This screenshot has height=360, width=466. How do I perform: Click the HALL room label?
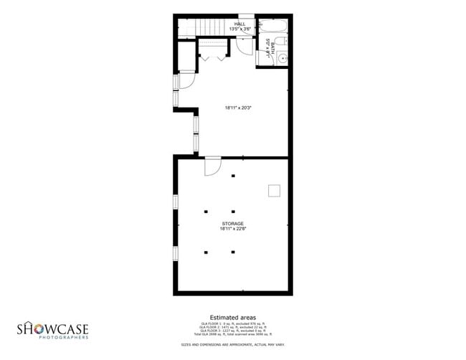click(x=239, y=24)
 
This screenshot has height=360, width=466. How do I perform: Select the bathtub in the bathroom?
click(x=273, y=25)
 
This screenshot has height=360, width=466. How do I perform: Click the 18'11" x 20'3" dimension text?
click(x=238, y=108)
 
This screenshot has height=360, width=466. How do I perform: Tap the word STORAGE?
click(x=233, y=224)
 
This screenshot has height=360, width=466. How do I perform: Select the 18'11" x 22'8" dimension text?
click(x=233, y=229)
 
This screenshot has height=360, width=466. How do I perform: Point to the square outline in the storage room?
click(x=274, y=190)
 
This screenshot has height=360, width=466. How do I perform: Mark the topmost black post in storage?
click(x=233, y=176)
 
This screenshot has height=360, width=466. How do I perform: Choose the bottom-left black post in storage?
click(x=206, y=252)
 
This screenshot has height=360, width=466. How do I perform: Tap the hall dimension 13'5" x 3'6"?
click(x=239, y=29)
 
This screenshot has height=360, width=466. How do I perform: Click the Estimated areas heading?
click(x=233, y=316)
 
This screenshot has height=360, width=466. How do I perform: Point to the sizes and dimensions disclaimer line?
click(x=233, y=345)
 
